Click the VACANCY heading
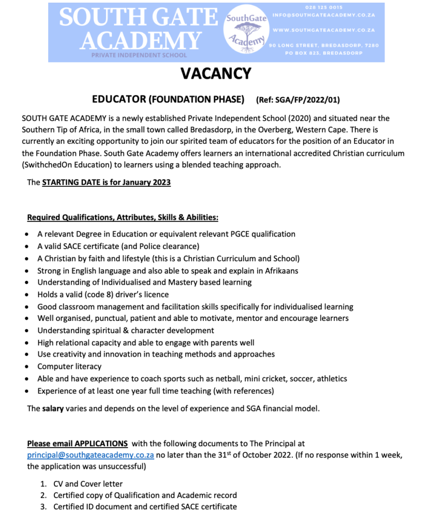[215, 73]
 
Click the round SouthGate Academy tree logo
[246, 32]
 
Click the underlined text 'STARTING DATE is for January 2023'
[106, 182]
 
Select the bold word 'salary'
[53, 408]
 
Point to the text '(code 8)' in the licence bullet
[107, 295]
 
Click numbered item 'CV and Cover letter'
[88, 484]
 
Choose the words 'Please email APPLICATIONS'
[77, 444]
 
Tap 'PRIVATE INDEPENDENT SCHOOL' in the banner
[139, 55]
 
